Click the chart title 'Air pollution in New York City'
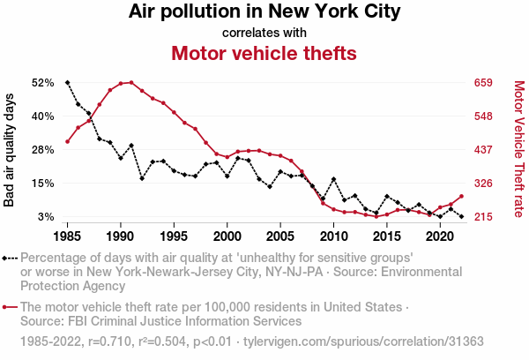(x=264, y=12)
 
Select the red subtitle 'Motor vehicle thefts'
(x=264, y=53)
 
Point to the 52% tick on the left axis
(x=42, y=83)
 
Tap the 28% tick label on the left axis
(x=42, y=150)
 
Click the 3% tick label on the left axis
(x=46, y=217)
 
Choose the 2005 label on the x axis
(x=280, y=237)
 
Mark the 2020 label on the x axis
(x=440, y=237)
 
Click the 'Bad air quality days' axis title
(x=10, y=150)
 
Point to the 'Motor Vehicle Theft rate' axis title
(x=518, y=150)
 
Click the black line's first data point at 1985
(x=68, y=82)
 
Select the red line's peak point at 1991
(x=131, y=82)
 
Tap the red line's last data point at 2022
(x=461, y=196)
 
